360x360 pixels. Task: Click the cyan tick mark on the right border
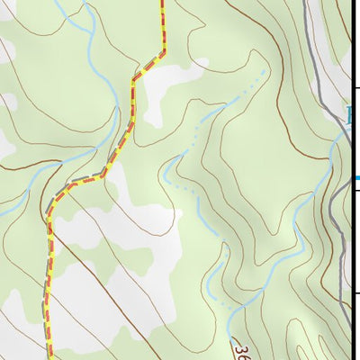(x=355, y=177)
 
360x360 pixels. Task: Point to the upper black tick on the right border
(x=355, y=87)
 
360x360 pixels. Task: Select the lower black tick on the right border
(x=355, y=292)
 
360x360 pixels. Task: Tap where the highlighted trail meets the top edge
(x=163, y=2)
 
